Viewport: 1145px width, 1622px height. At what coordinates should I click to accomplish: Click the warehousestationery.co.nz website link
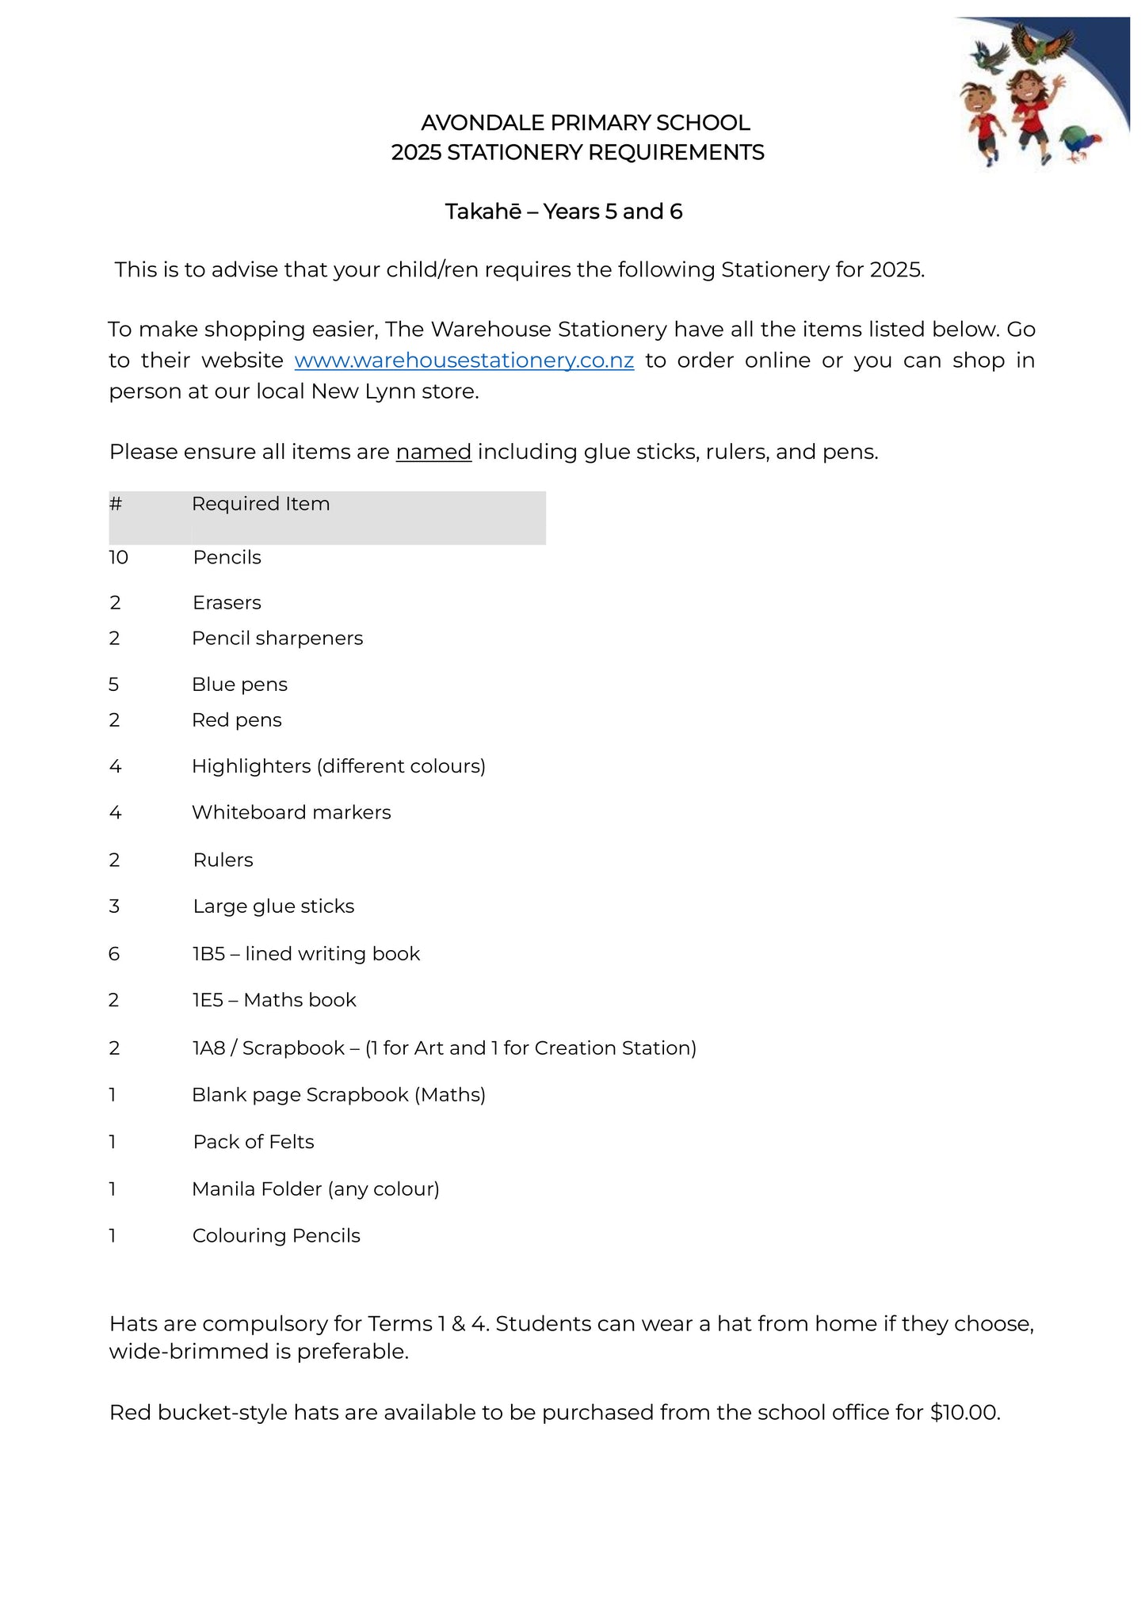click(x=464, y=361)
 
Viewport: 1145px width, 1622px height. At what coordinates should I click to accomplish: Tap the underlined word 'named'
click(x=433, y=452)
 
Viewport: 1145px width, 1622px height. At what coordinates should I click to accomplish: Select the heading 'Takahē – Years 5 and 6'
click(x=563, y=212)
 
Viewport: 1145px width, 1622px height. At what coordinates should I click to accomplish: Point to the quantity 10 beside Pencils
click(x=119, y=558)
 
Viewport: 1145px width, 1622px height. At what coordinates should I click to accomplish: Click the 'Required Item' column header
click(x=261, y=505)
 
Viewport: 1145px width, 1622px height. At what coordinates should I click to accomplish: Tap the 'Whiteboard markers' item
click(x=291, y=813)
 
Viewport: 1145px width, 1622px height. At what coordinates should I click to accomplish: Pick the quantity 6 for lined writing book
click(x=114, y=954)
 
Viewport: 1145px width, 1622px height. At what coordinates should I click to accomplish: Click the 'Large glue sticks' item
click(x=273, y=906)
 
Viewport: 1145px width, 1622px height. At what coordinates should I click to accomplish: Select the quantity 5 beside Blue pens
click(x=114, y=685)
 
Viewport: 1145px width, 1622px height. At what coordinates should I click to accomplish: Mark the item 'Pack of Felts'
click(x=254, y=1142)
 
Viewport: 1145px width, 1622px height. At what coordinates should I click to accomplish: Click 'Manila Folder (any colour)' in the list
click(x=315, y=1189)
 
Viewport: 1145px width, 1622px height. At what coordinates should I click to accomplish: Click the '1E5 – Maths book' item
click(x=274, y=1001)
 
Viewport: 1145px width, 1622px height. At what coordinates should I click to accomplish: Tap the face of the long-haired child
click(x=1027, y=86)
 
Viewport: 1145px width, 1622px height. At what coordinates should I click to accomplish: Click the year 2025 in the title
click(x=416, y=153)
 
